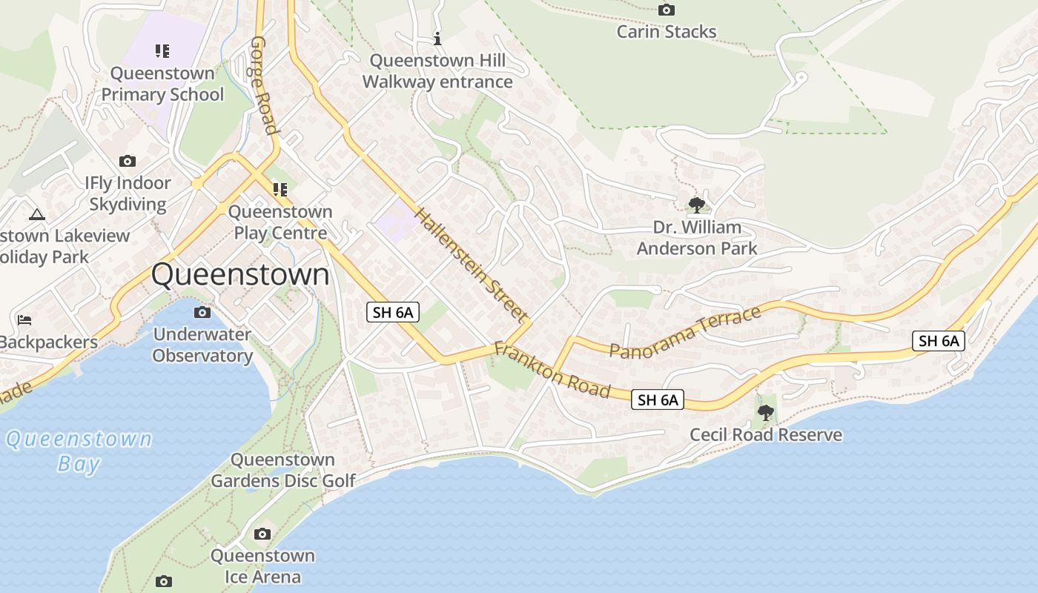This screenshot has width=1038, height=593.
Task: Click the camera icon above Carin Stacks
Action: (667, 10)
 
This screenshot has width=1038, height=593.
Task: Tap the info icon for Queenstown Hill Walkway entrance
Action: (437, 39)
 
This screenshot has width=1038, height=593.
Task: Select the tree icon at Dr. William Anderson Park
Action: (696, 205)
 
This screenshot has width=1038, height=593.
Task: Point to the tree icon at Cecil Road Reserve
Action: (766, 413)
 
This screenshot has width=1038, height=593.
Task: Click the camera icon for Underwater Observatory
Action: (202, 313)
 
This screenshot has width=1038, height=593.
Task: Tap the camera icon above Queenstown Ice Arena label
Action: (262, 534)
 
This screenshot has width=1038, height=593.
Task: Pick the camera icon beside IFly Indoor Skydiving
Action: (128, 162)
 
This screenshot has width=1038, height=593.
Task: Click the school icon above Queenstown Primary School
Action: (162, 51)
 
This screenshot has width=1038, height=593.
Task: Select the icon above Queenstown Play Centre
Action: (280, 190)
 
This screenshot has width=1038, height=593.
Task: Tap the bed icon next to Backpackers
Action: (24, 320)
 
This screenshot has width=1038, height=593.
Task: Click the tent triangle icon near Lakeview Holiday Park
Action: (36, 215)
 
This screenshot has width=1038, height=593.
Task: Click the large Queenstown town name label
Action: (240, 275)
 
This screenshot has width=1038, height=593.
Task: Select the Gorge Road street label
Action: (265, 85)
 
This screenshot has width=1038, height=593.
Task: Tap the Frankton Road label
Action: (552, 370)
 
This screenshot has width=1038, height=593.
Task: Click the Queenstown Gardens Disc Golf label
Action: (283, 470)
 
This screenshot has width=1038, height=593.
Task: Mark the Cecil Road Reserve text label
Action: (766, 434)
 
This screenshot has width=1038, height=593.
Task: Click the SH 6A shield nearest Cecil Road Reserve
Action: (658, 400)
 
